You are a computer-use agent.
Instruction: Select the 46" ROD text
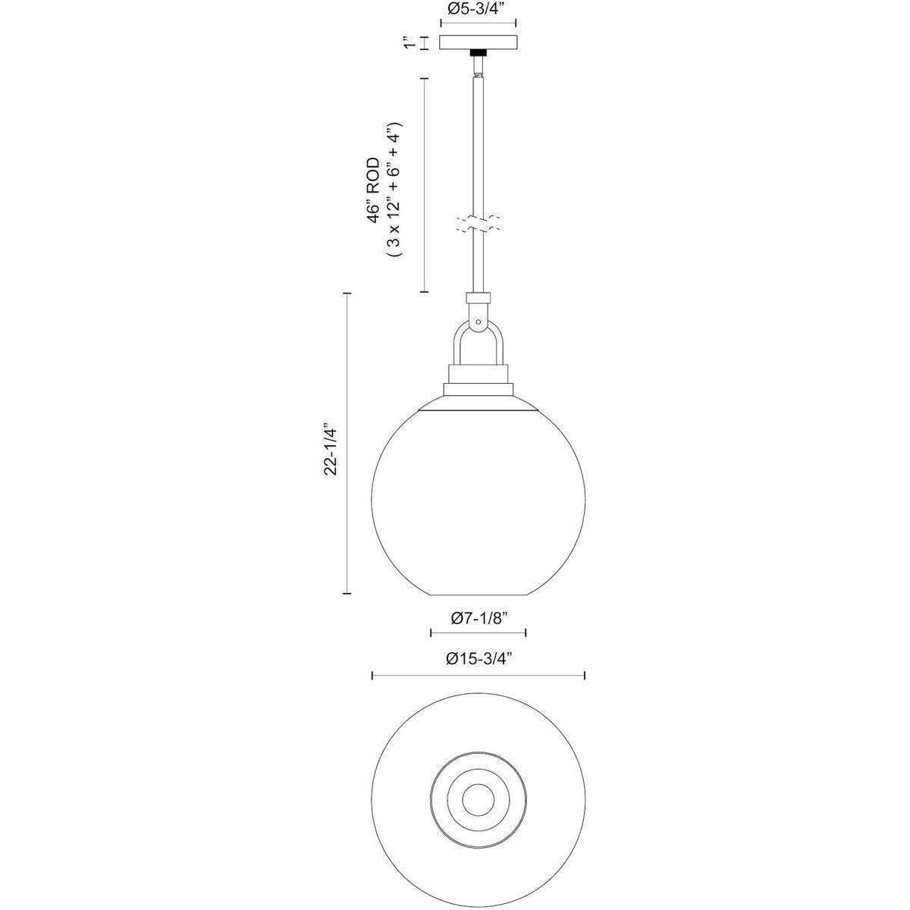tap(374, 190)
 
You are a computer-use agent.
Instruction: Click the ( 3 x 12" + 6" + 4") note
tap(394, 189)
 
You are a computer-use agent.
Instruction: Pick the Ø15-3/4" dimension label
tap(479, 658)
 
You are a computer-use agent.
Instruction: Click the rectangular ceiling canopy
tap(479, 43)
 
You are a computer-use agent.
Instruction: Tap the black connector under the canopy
tap(479, 53)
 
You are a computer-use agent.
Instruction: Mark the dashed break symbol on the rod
tap(479, 224)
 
